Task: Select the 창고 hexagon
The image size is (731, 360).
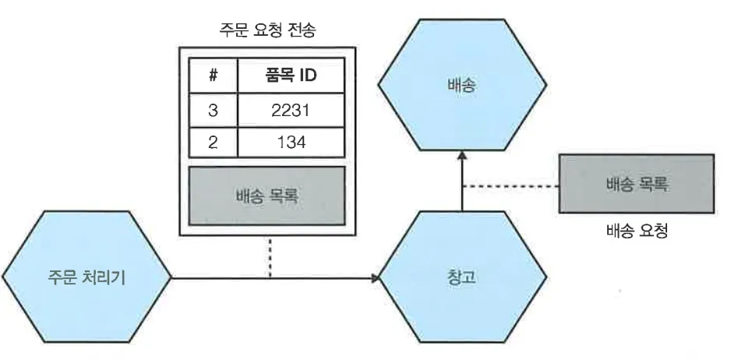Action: point(461,277)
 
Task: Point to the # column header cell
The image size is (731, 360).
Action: point(213,78)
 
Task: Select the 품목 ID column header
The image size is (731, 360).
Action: point(291,78)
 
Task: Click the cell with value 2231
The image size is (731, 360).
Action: point(291,111)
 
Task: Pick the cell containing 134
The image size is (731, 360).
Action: point(291,143)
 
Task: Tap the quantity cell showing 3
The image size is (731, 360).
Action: point(213,111)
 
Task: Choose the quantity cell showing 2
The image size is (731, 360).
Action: point(213,143)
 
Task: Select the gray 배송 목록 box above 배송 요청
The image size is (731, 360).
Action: point(637,184)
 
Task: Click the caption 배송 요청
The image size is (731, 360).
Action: point(637,231)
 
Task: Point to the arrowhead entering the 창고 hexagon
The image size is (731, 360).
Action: point(377,277)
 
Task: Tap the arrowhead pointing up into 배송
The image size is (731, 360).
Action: point(462,157)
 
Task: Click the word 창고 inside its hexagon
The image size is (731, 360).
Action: point(461,277)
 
